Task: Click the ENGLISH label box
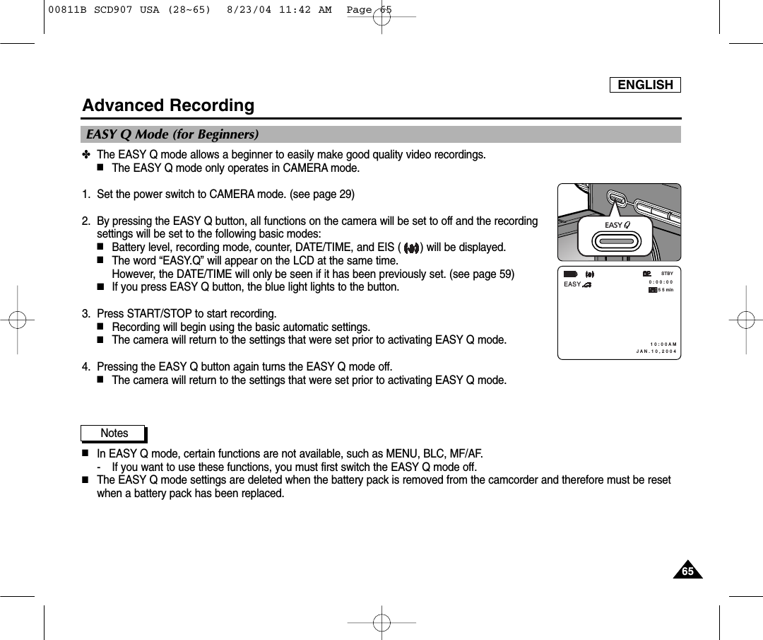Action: pyautogui.click(x=645, y=85)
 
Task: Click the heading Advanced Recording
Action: pyautogui.click(x=168, y=105)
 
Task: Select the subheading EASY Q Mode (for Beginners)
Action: pyautogui.click(x=172, y=134)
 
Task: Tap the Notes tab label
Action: pyautogui.click(x=114, y=433)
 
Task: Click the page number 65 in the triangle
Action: pyautogui.click(x=687, y=571)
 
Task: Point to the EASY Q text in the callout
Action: pyautogui.click(x=617, y=225)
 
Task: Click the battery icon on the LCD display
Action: pyautogui.click(x=570, y=274)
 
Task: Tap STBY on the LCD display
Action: pyautogui.click(x=666, y=273)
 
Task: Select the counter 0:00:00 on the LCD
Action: pyautogui.click(x=661, y=281)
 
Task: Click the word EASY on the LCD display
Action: pyautogui.click(x=572, y=284)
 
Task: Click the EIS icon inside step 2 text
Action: pyautogui.click(x=411, y=248)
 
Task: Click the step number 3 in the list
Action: pyautogui.click(x=85, y=313)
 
